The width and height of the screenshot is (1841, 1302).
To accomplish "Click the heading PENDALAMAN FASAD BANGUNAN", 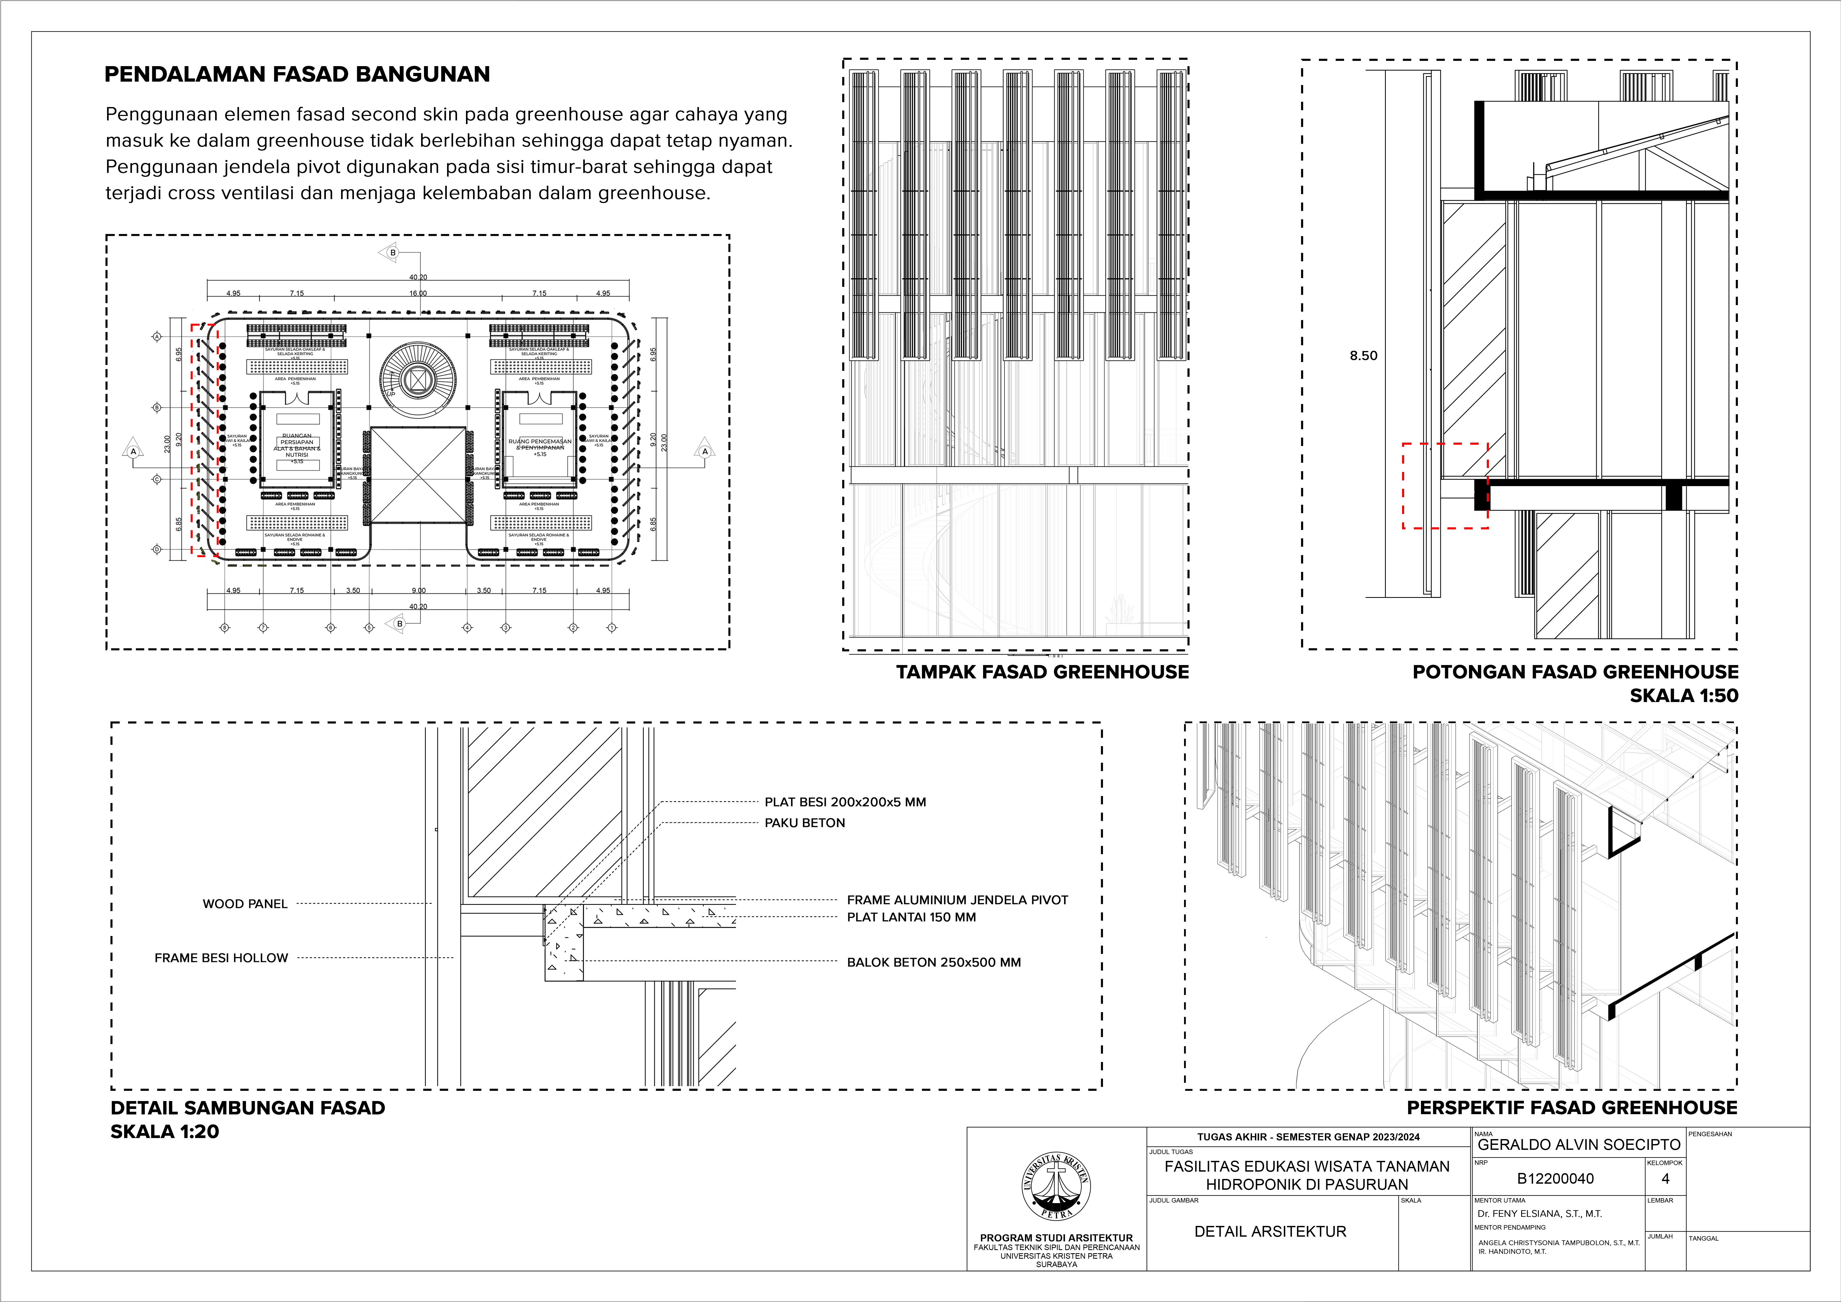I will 297,75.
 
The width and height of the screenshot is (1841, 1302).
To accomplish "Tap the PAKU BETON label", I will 804,822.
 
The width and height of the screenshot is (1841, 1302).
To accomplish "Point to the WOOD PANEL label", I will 245,904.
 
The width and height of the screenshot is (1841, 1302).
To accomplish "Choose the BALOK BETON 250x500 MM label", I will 933,962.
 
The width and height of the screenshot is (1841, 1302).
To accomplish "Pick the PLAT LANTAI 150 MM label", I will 911,917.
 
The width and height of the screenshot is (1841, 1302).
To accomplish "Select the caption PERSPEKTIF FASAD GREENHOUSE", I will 1572,1108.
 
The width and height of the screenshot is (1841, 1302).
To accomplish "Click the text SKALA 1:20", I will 165,1131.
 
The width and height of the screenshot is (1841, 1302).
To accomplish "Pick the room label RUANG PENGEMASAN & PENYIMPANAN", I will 540,444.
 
